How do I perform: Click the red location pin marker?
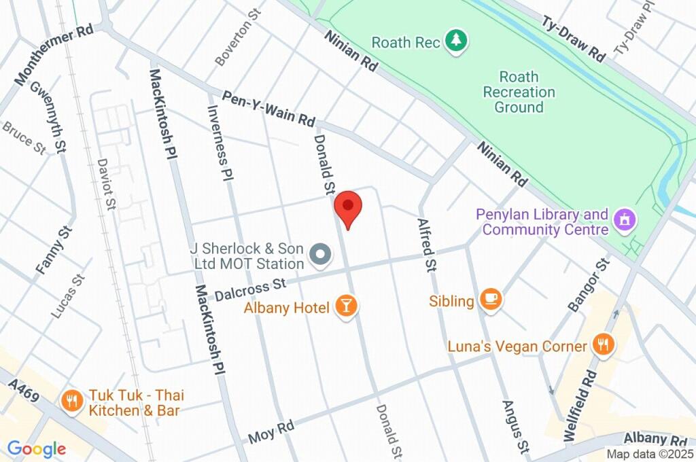(348, 207)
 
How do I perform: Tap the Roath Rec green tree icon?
(455, 40)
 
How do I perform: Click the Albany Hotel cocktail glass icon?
(347, 306)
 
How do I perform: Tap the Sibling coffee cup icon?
(490, 299)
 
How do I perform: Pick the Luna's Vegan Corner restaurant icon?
(602, 344)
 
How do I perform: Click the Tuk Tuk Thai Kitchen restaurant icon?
(71, 401)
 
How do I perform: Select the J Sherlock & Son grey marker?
(319, 255)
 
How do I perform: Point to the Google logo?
(36, 449)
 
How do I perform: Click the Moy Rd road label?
(271, 430)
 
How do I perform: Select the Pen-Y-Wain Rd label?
(269, 109)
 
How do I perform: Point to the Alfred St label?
(426, 245)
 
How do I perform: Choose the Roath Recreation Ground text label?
(519, 92)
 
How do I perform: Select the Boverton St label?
(234, 42)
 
